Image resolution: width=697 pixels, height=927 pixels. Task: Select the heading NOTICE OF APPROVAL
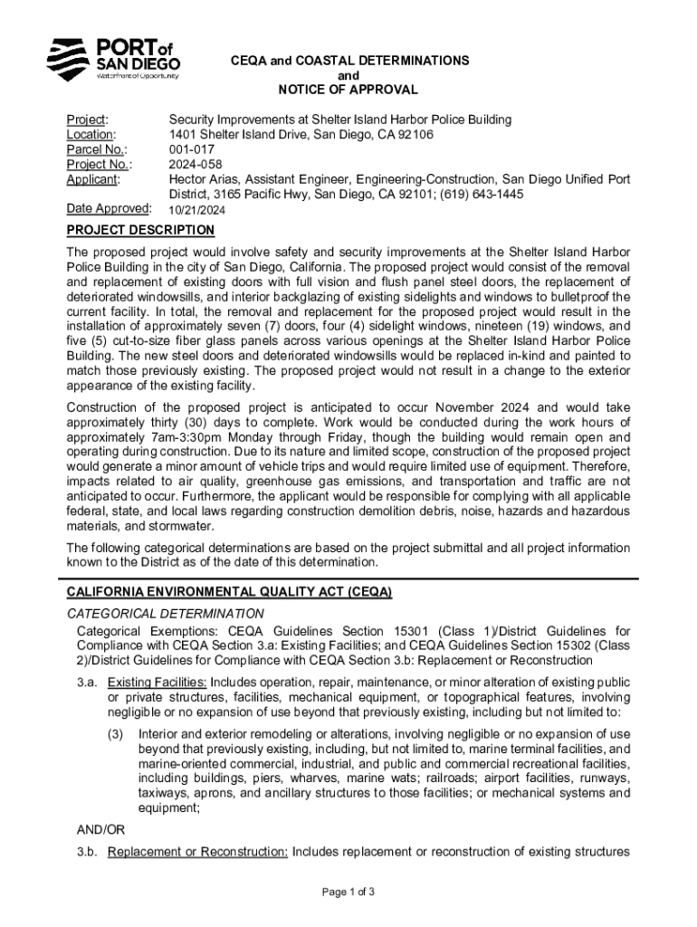tap(348, 90)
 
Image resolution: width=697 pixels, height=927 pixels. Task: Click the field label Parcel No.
tap(96, 149)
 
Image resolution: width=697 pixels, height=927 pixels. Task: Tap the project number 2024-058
tap(195, 165)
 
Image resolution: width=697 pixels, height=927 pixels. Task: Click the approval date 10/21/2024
tap(198, 210)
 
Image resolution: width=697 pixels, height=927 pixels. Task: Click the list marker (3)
tap(115, 734)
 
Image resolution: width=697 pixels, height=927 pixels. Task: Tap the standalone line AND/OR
tap(100, 829)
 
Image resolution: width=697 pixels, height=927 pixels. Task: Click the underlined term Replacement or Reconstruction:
tap(197, 852)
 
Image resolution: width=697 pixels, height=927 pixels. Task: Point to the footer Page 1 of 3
tap(348, 892)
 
